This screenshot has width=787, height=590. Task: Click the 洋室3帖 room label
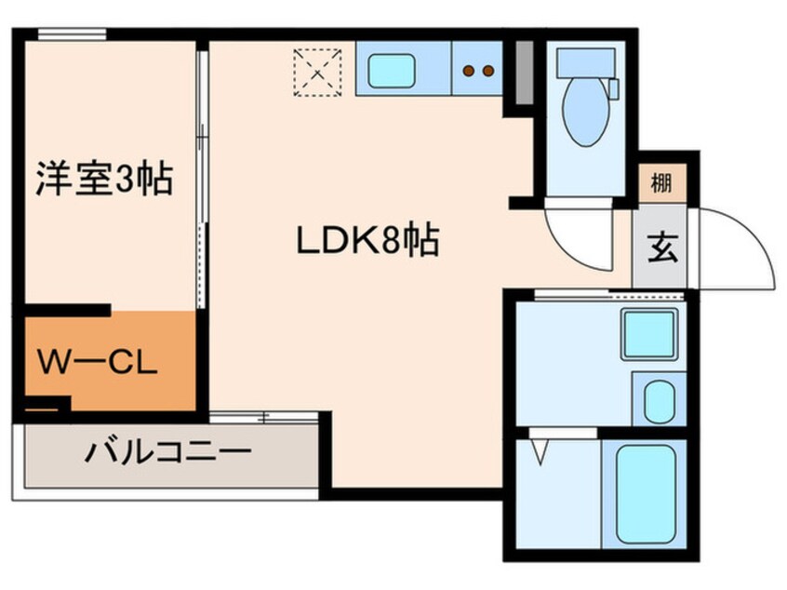coord(104,178)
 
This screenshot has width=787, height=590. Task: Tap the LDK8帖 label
coord(367,243)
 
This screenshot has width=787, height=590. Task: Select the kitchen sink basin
coord(391,70)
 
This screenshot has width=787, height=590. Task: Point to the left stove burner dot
coord(469,70)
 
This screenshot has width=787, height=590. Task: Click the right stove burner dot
coord(487,70)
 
